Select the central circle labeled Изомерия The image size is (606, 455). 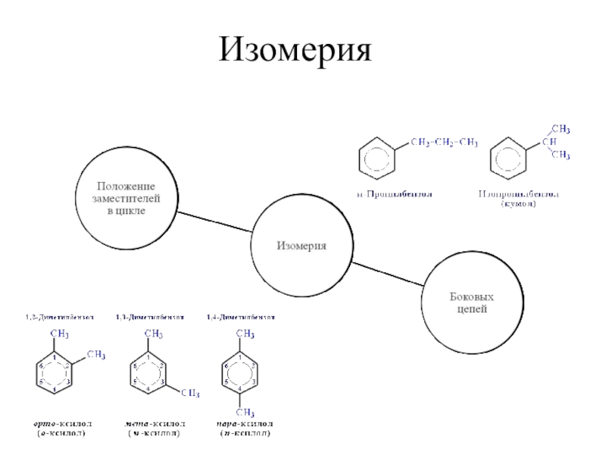pos(301,245)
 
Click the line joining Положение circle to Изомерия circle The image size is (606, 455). pos(214,221)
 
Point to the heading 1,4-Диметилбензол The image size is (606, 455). pos(241,316)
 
